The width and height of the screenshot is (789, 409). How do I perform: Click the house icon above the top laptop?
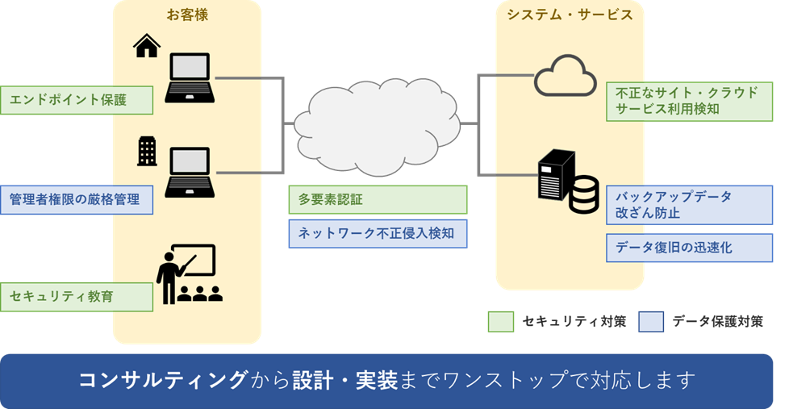pyautogui.click(x=147, y=47)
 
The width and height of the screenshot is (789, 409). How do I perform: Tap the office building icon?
pyautogui.click(x=147, y=151)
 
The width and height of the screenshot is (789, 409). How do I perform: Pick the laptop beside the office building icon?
pyautogui.click(x=190, y=173)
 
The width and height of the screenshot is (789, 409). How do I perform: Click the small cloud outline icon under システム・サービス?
pyautogui.click(x=565, y=76)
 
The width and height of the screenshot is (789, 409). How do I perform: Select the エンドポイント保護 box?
pyautogui.click(x=77, y=100)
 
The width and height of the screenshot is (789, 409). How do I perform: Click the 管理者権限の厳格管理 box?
pyautogui.click(x=77, y=199)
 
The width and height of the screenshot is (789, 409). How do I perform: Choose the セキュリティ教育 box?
pyautogui.click(x=77, y=296)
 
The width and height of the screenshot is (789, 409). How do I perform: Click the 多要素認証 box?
pyautogui.click(x=378, y=199)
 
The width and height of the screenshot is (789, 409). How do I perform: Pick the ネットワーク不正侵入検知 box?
pyautogui.click(x=378, y=234)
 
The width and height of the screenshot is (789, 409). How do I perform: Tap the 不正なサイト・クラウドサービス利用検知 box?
pyautogui.click(x=689, y=101)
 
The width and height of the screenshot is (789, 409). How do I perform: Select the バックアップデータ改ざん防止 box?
pyautogui.click(x=689, y=206)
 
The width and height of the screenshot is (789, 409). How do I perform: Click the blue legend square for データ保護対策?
pyautogui.click(x=650, y=322)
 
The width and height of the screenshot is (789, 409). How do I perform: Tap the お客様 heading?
pyautogui.click(x=186, y=15)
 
